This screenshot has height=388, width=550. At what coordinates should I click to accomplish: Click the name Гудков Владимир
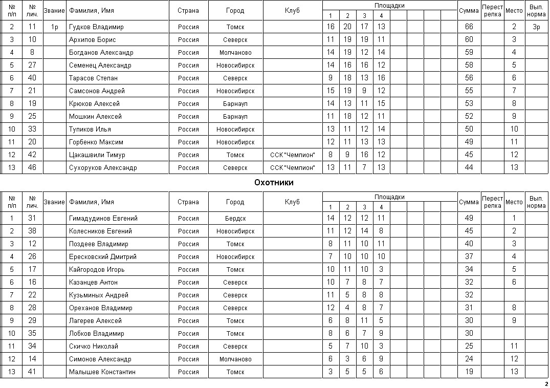click(96, 27)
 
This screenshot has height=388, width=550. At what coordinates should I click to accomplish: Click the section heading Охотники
click(274, 182)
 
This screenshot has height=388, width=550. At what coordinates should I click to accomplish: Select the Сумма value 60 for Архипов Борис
click(469, 39)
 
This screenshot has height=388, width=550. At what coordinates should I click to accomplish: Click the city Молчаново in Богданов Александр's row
click(235, 52)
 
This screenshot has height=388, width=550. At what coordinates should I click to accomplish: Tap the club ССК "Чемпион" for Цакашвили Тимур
click(292, 155)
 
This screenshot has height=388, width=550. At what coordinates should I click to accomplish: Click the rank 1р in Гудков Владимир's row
click(54, 27)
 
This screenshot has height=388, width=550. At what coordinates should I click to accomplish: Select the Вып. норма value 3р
click(536, 27)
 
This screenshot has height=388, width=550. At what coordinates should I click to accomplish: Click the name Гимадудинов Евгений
click(103, 218)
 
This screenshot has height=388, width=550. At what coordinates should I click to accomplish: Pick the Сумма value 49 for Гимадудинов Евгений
click(469, 218)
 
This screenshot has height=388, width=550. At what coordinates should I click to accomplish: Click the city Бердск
click(235, 218)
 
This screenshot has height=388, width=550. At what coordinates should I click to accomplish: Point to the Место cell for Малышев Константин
click(514, 372)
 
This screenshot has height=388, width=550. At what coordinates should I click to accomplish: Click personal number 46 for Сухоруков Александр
click(32, 167)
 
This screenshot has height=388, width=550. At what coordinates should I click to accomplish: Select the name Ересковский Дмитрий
click(103, 256)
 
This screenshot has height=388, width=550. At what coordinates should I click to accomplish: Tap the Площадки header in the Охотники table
click(389, 197)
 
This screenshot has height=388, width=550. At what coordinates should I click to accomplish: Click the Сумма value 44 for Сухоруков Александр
click(469, 167)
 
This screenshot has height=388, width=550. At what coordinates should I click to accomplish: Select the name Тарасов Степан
click(93, 78)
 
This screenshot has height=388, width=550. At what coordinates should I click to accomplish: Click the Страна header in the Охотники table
click(188, 202)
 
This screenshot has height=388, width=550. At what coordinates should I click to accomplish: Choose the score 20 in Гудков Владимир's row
click(347, 27)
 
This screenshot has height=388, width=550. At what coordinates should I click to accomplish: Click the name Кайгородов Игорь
click(97, 269)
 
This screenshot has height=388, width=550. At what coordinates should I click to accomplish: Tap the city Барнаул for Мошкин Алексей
click(235, 116)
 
